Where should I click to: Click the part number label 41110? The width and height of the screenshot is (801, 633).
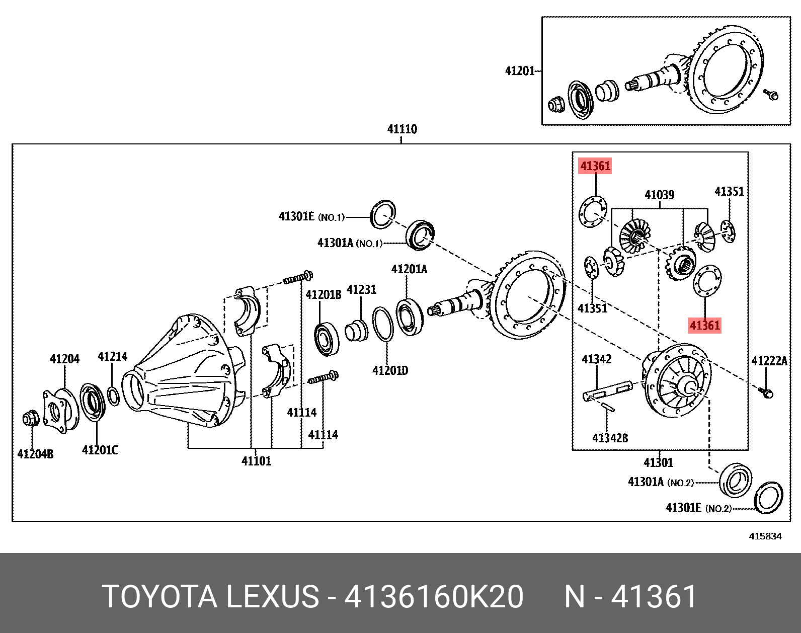coord(402,129)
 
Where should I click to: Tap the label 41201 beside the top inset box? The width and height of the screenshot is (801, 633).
coord(520,71)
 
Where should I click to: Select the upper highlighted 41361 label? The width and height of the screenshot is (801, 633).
coord(595,166)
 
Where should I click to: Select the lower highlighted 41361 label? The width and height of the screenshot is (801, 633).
coord(704,326)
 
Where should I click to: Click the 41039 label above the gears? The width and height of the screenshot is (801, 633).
coord(659,195)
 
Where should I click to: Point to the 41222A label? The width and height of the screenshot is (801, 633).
coord(769,361)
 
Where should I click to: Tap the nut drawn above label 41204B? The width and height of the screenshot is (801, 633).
coord(31,419)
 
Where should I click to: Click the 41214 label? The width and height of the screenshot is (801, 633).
coord(112,357)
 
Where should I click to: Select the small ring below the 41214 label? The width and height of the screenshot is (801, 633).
coord(114,395)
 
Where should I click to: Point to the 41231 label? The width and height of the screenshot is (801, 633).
coord(361,290)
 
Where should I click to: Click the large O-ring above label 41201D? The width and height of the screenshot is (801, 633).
coord(383,324)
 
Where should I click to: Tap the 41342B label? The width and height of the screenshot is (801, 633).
coord(610,438)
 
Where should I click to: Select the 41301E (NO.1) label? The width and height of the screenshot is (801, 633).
coord(311,217)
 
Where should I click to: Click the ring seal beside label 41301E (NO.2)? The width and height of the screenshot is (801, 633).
coord(768,498)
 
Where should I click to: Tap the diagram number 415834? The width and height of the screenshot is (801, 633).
coord(765,536)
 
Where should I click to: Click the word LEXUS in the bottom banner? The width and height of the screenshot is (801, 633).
coord(272,597)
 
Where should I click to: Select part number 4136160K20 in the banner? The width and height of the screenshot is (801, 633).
coord(434,597)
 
